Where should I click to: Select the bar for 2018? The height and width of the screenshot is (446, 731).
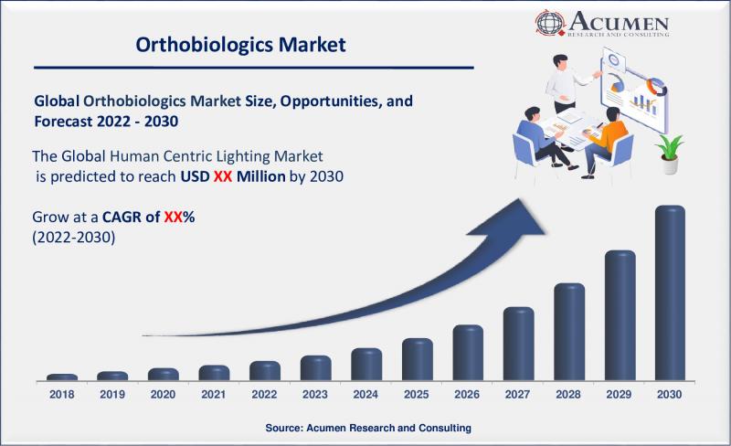click(62, 377)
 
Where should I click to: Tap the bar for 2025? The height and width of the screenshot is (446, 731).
click(417, 359)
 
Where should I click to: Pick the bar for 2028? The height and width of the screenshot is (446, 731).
click(569, 332)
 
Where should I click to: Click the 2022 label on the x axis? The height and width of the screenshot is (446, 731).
click(265, 395)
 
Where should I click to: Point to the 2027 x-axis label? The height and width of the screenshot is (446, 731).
click(518, 395)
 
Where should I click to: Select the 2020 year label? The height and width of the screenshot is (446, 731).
click(164, 395)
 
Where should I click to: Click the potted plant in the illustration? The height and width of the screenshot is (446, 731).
click(670, 154)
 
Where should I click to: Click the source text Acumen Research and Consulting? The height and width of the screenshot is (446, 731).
click(368, 428)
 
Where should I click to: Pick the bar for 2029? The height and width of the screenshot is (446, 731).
click(620, 315)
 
